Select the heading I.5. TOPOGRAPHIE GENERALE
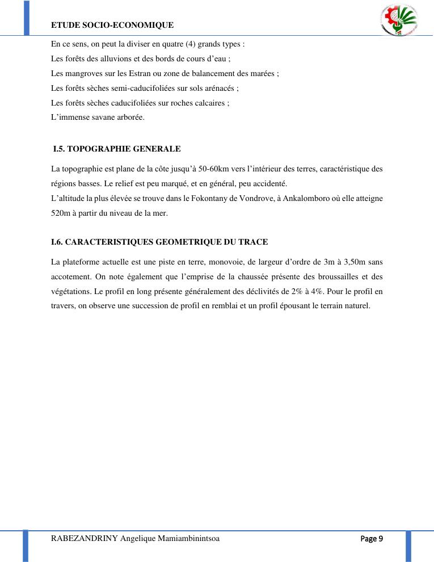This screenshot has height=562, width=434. [116, 149]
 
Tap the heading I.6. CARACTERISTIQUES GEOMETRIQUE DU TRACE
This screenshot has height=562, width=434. [159, 242]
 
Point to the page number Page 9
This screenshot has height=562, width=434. [373, 539]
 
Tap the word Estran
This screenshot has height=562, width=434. [141, 73]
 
